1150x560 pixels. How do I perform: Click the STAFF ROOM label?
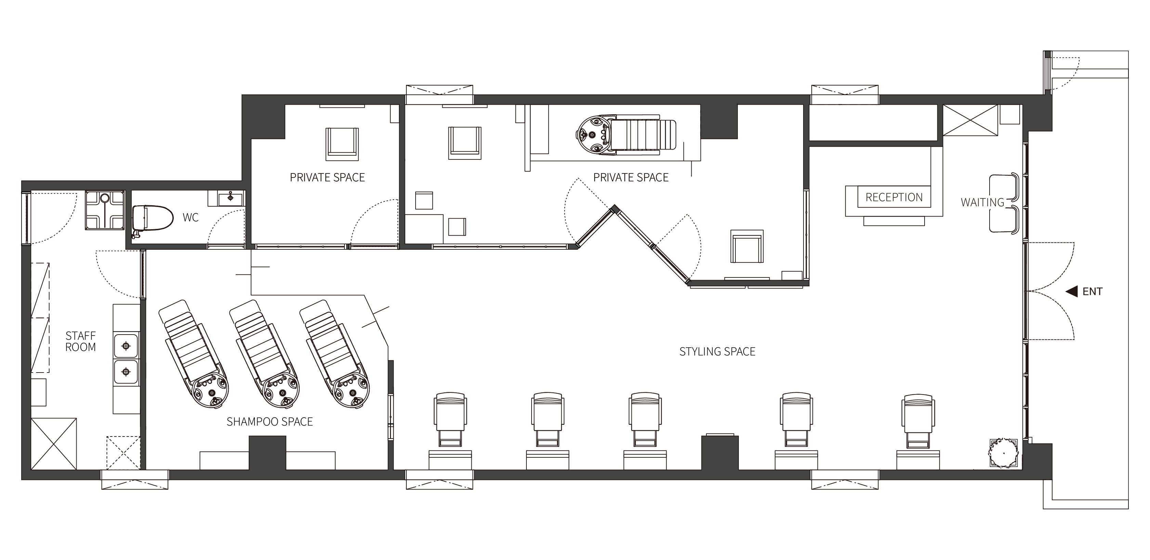[80, 341]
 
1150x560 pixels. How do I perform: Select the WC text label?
[191, 218]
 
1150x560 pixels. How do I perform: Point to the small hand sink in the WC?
[230, 197]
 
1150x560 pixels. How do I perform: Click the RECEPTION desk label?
[894, 197]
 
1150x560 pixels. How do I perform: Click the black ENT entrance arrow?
[1072, 291]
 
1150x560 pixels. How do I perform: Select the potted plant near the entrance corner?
[1004, 453]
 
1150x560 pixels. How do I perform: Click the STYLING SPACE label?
[717, 351]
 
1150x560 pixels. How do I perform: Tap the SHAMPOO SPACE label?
[270, 421]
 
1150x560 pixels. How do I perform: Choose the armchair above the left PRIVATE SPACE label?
[342, 144]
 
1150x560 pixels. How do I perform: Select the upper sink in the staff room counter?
[126, 346]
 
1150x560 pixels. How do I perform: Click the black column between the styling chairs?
[720, 452]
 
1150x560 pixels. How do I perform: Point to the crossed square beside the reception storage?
[970, 120]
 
